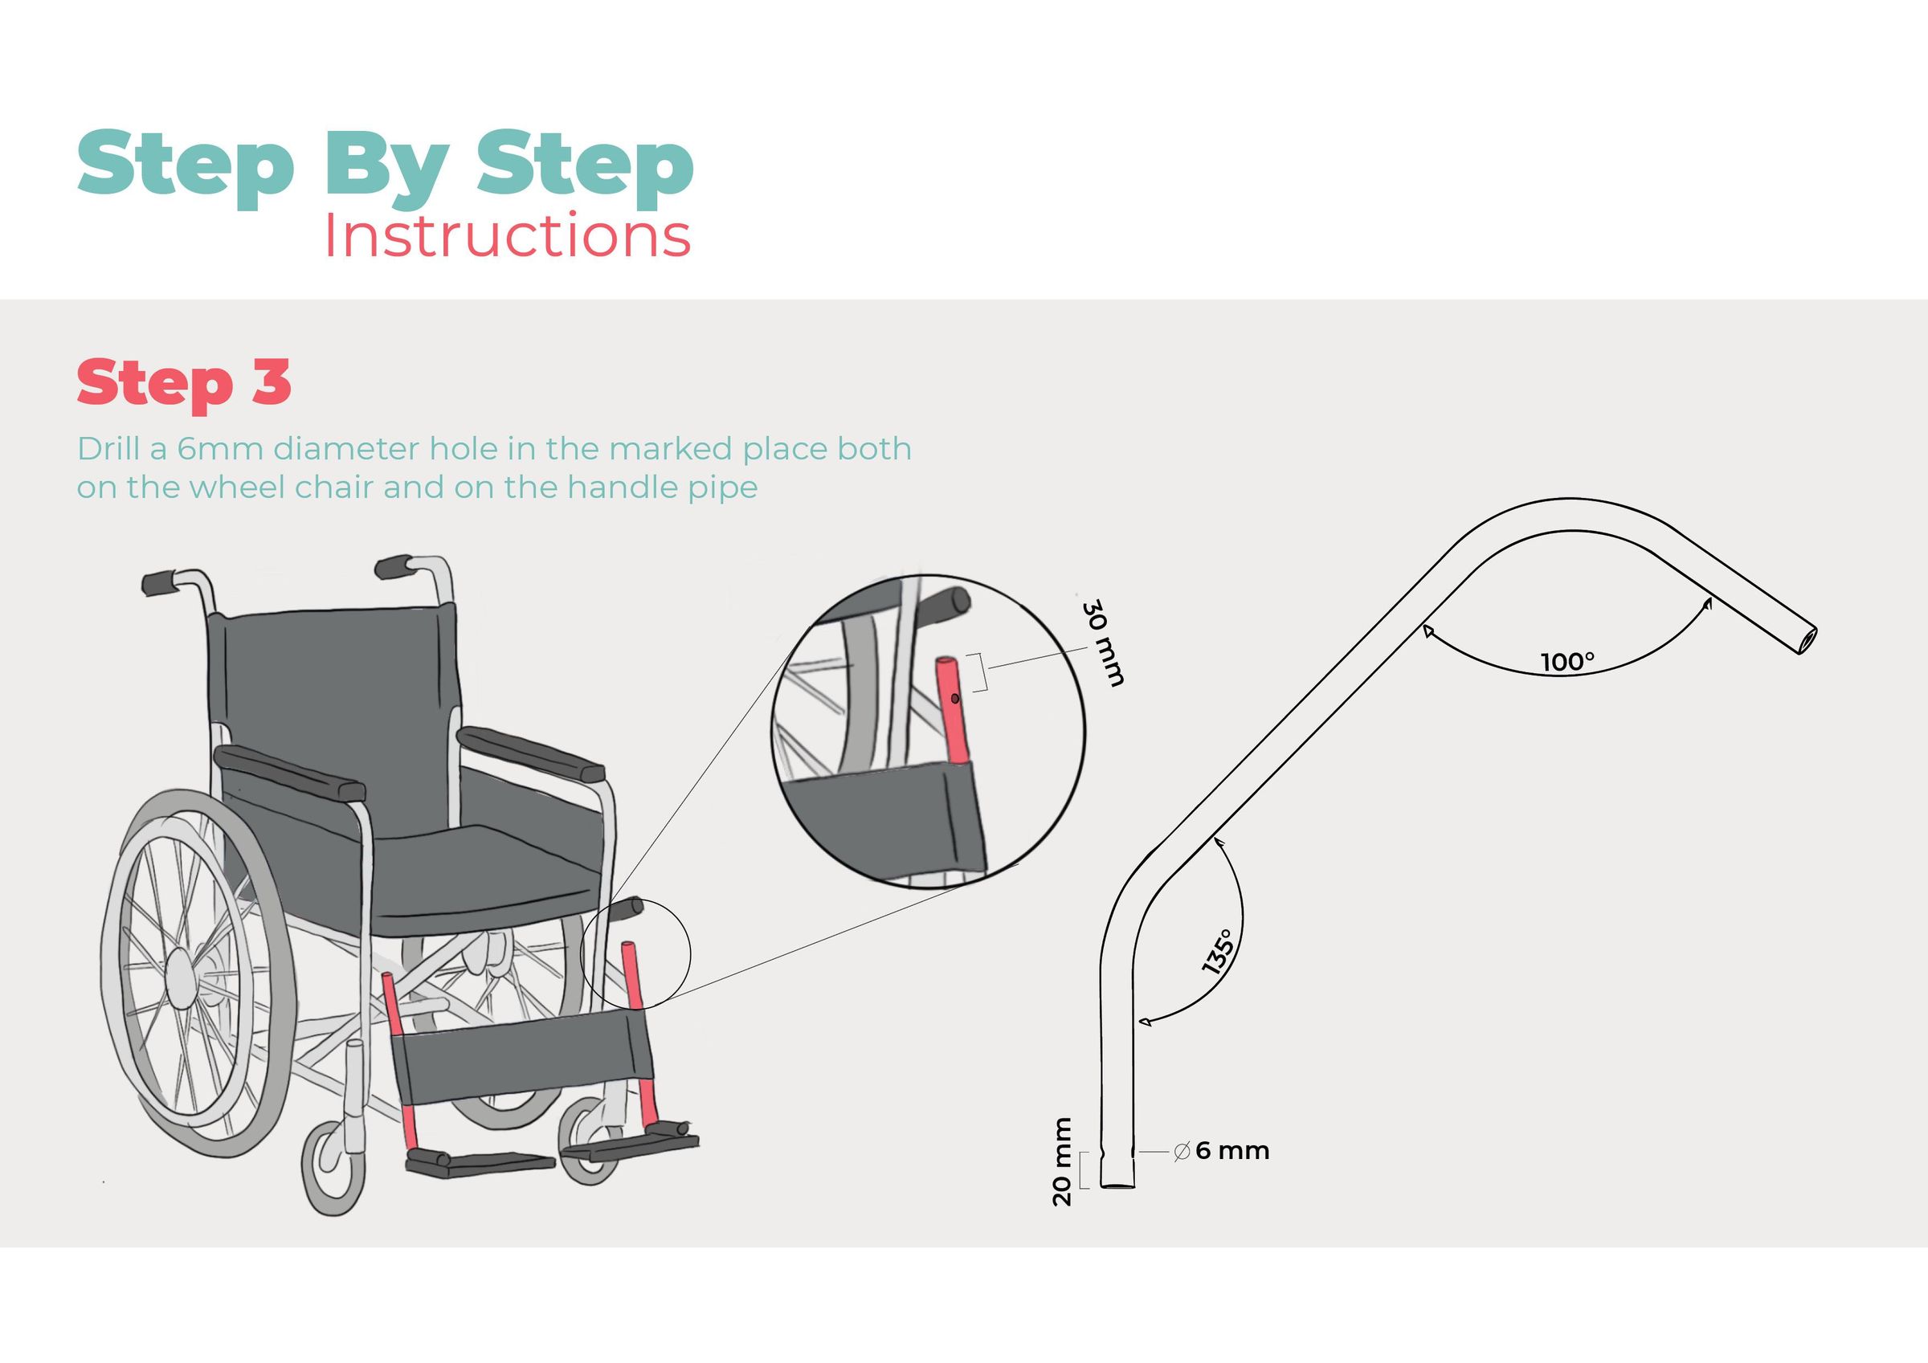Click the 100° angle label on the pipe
coord(1567,662)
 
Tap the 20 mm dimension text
coord(1062,1161)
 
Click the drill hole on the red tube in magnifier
coord(955,698)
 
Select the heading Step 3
coord(184,382)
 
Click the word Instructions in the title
coord(507,237)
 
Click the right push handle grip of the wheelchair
coord(393,567)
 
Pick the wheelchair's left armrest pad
coord(290,773)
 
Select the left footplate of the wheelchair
coord(479,1164)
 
